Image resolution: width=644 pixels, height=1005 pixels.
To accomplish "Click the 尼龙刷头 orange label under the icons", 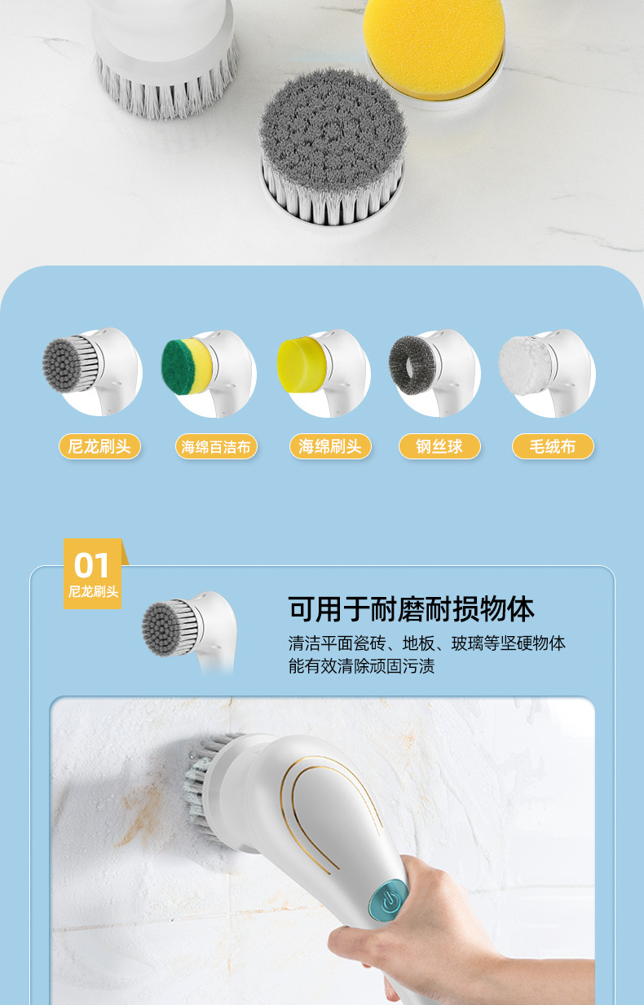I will click(x=99, y=446).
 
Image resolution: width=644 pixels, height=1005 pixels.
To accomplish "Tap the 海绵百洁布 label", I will click(x=216, y=447).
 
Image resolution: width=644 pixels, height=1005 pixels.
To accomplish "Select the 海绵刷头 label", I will click(x=329, y=446).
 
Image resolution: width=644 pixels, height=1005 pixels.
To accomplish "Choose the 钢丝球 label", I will click(x=439, y=446).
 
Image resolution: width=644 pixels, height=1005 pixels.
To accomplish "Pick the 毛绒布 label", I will click(x=553, y=446).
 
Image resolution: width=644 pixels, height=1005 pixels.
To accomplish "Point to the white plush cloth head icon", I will click(x=524, y=366).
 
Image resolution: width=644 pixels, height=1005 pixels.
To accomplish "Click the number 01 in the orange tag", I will click(x=91, y=565).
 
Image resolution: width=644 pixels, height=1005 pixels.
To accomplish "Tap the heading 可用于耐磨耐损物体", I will click(x=411, y=609).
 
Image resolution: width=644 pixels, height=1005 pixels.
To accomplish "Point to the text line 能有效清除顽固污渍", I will click(x=361, y=666).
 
